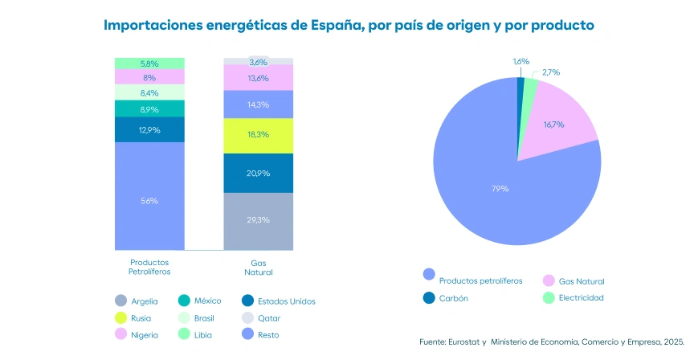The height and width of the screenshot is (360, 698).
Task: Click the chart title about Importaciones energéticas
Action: click(349, 25)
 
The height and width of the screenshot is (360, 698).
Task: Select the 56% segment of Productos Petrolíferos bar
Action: click(149, 200)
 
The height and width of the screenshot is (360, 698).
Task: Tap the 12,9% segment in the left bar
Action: click(149, 129)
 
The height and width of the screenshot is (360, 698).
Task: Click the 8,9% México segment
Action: click(149, 108)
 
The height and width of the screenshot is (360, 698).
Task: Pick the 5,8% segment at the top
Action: click(149, 63)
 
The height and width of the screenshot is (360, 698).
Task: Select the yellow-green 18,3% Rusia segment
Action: click(259, 135)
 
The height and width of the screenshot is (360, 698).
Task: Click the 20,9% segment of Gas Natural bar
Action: click(259, 173)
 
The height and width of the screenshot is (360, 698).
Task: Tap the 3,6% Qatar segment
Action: click(259, 62)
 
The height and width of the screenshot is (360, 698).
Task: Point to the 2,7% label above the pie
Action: click(551, 72)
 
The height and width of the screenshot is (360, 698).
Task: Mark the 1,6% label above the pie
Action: click(521, 61)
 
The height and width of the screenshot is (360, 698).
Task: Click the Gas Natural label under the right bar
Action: click(259, 268)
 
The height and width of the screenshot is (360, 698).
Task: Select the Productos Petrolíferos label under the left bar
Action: click(149, 268)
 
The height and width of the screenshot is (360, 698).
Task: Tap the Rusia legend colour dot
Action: click(120, 318)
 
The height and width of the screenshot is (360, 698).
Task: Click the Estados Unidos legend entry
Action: click(279, 301)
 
